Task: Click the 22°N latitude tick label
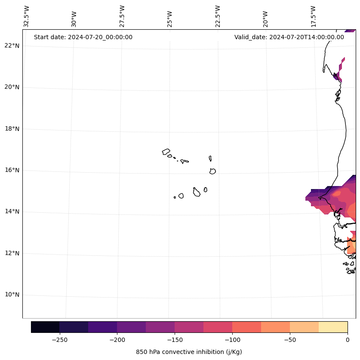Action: (x=12, y=46)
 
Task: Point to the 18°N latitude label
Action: (x=12, y=129)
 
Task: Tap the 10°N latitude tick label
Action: (x=12, y=295)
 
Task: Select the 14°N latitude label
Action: (x=12, y=211)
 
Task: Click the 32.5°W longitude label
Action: (x=27, y=16)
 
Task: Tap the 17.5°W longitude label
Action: (x=314, y=16)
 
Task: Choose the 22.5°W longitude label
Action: (x=218, y=16)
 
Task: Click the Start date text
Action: (x=83, y=37)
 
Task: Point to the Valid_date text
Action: (x=289, y=37)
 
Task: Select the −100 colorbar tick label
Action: (x=232, y=340)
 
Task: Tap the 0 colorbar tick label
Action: (x=348, y=340)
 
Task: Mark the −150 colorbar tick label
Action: (x=174, y=340)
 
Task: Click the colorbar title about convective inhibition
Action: (x=189, y=352)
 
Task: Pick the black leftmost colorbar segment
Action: (x=45, y=327)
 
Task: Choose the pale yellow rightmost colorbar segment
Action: (x=333, y=327)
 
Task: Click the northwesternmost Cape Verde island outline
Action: (x=166, y=152)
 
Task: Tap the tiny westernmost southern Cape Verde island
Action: (x=175, y=197)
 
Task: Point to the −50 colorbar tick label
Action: (x=289, y=340)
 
